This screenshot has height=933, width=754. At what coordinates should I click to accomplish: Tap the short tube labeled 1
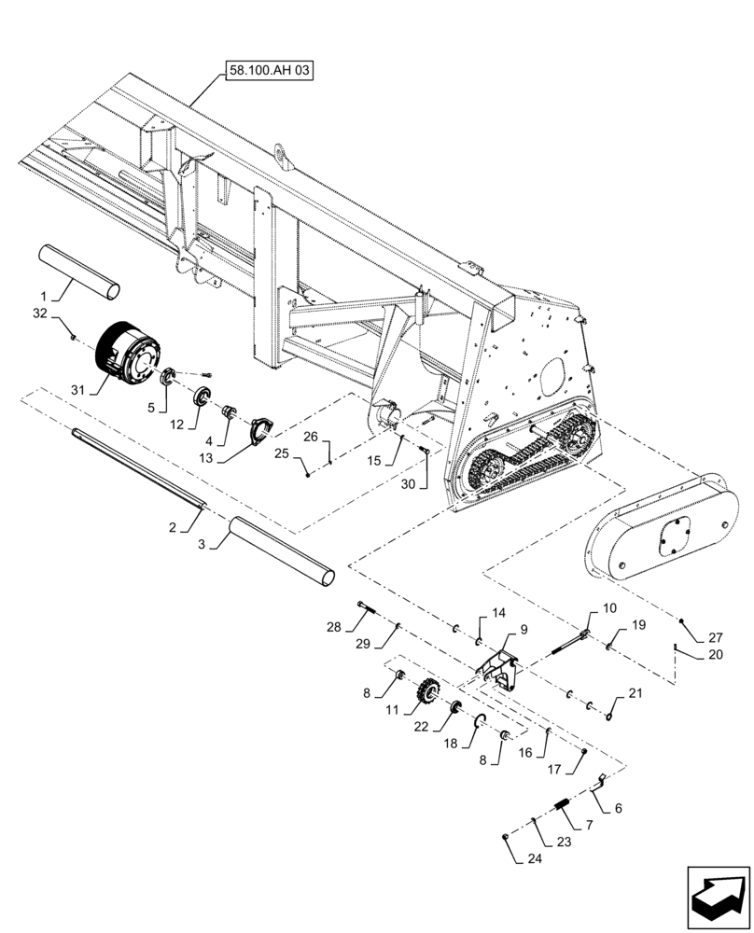pos(79,272)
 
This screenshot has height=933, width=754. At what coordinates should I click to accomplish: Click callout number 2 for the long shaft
pos(173,528)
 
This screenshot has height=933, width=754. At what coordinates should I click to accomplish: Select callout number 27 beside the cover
pos(716,639)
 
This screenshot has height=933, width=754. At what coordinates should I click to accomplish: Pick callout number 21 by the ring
pos(635,692)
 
